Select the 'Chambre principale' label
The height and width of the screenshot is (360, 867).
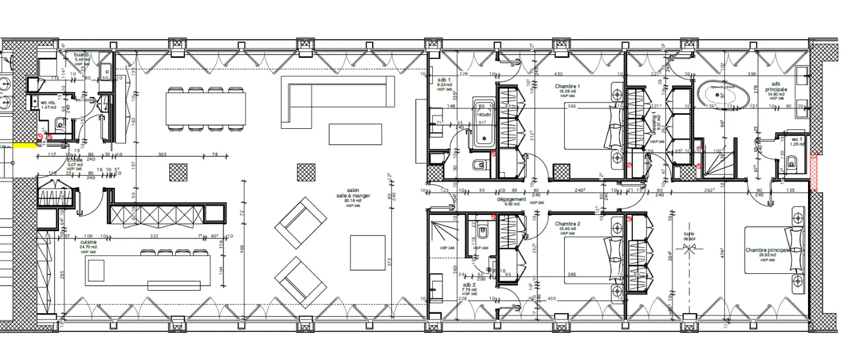coord(766,250)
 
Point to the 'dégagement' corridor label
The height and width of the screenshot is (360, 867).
coord(512,199)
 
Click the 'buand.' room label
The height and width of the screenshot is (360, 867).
coord(82,55)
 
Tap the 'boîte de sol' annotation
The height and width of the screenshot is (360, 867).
coord(689,237)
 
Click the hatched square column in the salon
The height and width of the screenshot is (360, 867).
coord(305,173)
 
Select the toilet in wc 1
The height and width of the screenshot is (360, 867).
coord(792,161)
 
